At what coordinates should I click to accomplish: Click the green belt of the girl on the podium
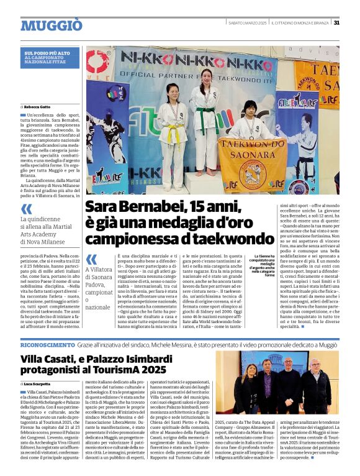point(204,111)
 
